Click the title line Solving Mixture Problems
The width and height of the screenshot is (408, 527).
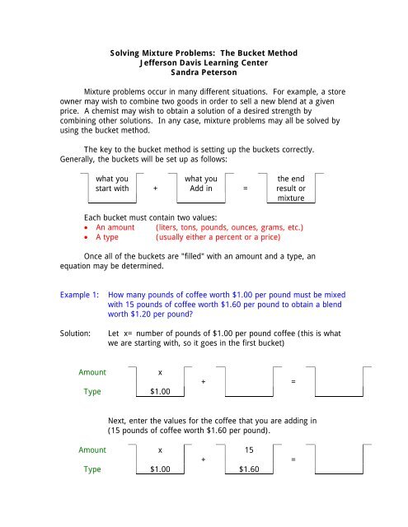click(x=204, y=52)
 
